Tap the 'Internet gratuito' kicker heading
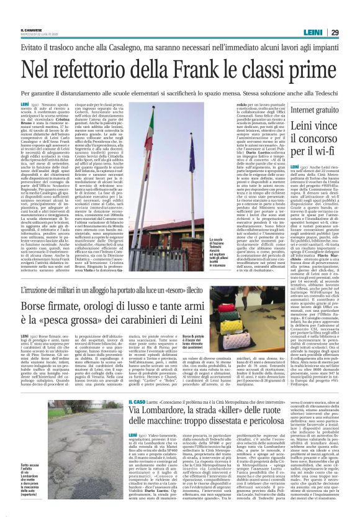(300, 109)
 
